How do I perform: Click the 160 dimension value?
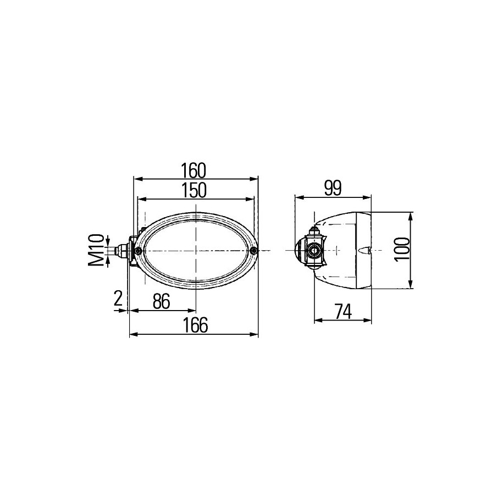pos(193,170)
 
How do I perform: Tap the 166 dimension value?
pos(195,325)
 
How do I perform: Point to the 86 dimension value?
pos(161,301)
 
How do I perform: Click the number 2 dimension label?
pos(118,299)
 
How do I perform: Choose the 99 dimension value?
pos(333,189)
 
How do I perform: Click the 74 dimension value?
pos(343,312)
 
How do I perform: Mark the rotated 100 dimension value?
pos(402,250)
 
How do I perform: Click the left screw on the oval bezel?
pos(139,250)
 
